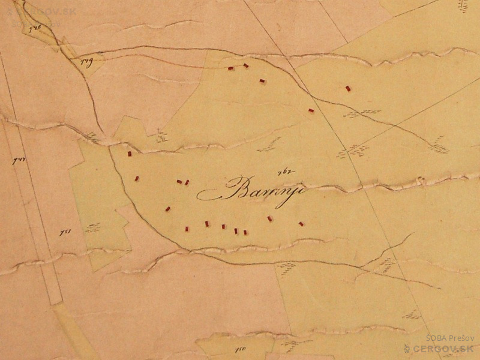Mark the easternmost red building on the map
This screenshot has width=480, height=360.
(x=348, y=88)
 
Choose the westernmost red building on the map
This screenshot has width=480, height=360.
(x=129, y=154)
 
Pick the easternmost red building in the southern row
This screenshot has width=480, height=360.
(x=301, y=224)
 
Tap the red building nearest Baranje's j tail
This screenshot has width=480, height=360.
(x=270, y=218)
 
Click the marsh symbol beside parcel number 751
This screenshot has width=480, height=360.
(x=92, y=227)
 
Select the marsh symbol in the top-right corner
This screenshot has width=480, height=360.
(x=463, y=6)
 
